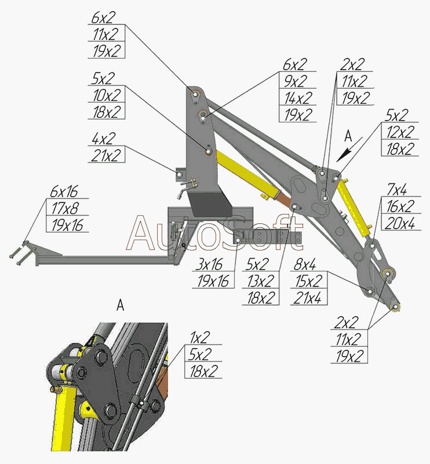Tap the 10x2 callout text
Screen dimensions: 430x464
106,95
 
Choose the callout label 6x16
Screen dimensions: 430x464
64,191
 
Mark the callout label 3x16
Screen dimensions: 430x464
209,265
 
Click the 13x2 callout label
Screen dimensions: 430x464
261,281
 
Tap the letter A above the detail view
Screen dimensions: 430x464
120,306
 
